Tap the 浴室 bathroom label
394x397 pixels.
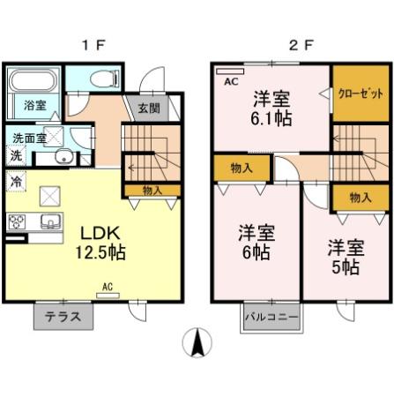(24, 105)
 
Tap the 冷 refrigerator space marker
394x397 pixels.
(16, 181)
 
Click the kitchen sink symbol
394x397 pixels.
(49, 221)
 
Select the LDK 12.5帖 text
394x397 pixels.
(103, 243)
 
